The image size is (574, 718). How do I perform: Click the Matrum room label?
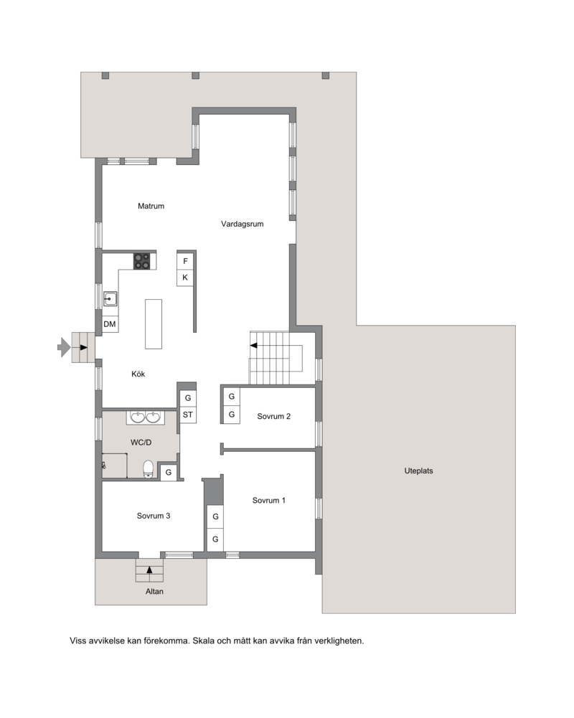point(151,206)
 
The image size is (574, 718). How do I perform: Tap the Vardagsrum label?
point(242,224)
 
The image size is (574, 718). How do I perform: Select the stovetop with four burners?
point(141,261)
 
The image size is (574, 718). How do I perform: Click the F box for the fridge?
point(185,261)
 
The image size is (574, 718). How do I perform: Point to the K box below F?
point(185,278)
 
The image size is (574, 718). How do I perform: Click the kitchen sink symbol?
point(110,299)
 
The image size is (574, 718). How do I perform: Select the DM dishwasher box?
point(110,324)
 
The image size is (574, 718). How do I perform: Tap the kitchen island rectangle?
point(154,324)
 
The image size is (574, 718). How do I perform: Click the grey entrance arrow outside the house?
point(64,347)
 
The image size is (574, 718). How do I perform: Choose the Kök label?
point(138,374)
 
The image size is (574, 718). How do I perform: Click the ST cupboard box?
point(188,415)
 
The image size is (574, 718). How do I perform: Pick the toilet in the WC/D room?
point(148,469)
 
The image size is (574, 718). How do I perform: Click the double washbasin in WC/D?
point(145,417)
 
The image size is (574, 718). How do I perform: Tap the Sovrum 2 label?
point(273,416)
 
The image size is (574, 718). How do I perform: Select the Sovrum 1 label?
point(268,501)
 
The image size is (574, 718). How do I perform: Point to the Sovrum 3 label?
point(154,516)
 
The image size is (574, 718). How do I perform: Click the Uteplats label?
point(418,471)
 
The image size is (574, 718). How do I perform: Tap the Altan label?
point(154,592)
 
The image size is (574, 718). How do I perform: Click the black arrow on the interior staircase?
point(253,345)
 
